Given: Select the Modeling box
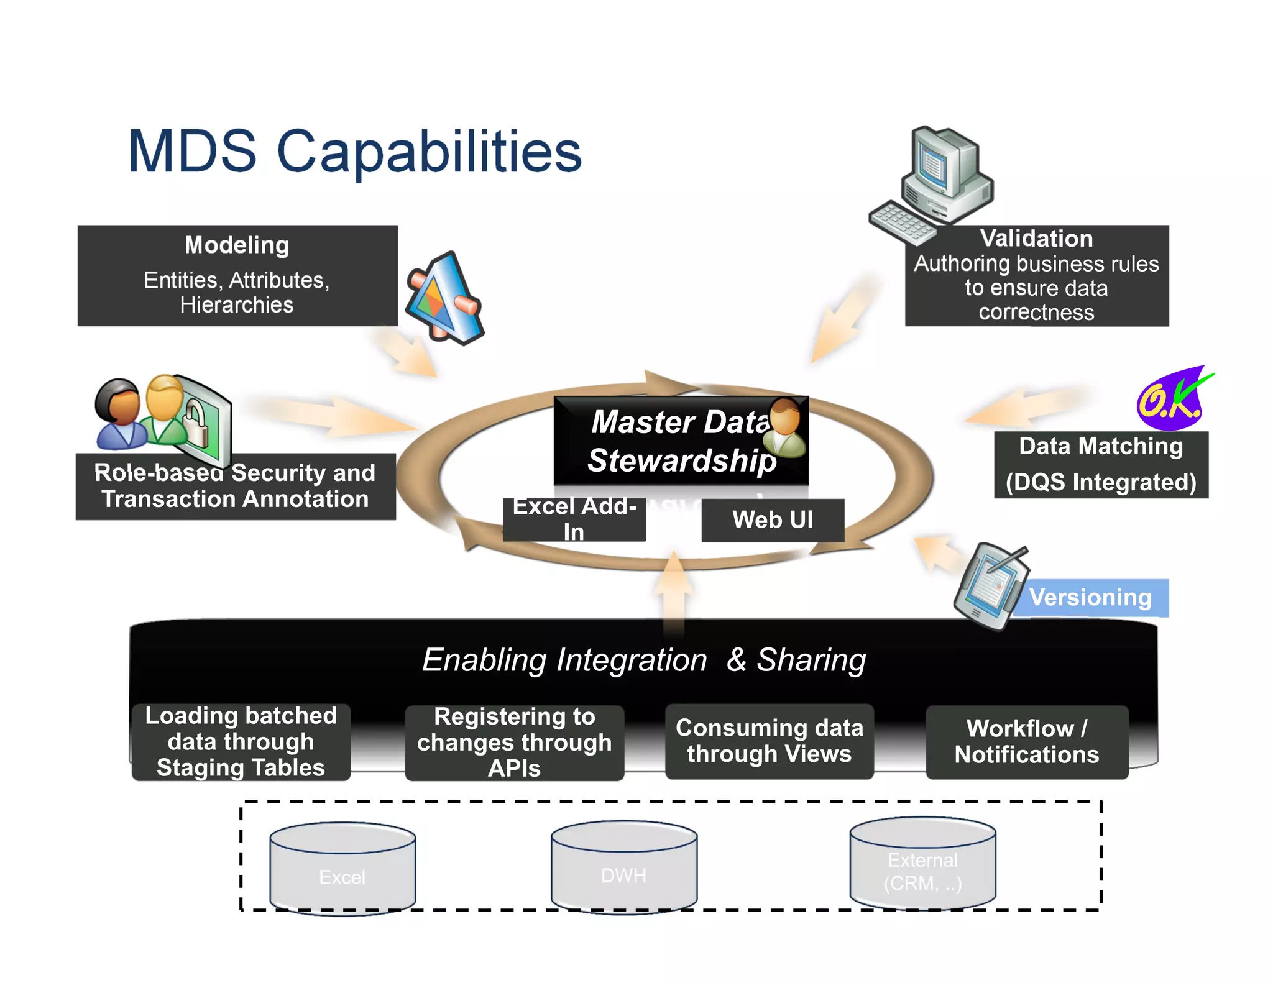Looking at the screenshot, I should [x=237, y=275].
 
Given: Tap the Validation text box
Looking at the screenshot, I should [x=1036, y=276].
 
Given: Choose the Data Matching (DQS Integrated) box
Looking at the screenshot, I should [x=1101, y=465].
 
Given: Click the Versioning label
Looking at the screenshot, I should [x=1090, y=598].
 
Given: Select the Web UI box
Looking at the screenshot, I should [x=773, y=520].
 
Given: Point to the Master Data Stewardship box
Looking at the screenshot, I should [x=681, y=441].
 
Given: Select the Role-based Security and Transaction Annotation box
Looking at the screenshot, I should [x=236, y=487].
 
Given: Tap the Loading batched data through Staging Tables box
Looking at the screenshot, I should [x=241, y=742].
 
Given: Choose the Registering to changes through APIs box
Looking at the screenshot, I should [x=514, y=743].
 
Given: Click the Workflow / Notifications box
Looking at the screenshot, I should [x=1027, y=742].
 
